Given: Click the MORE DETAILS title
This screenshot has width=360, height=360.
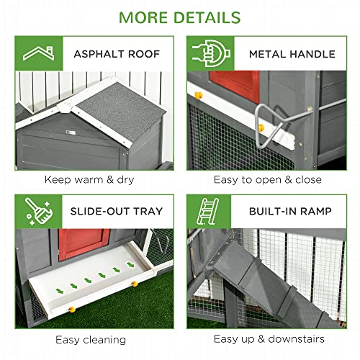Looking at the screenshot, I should pos(180,17).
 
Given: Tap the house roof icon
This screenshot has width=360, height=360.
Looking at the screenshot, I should pos(38,53).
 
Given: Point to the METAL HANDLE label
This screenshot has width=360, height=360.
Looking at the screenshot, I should pos(292,53).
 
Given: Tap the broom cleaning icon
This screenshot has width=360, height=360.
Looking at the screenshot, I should pos(37,210).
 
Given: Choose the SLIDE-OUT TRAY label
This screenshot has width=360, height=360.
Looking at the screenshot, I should pos(117,211).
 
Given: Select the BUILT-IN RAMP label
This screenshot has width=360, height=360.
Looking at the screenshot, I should pos(291,211).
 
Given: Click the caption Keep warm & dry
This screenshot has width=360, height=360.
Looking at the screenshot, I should pos(90,180).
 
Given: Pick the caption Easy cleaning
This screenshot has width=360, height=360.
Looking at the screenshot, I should pos(90,338).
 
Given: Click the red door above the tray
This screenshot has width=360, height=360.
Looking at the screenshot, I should pos(84,245).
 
